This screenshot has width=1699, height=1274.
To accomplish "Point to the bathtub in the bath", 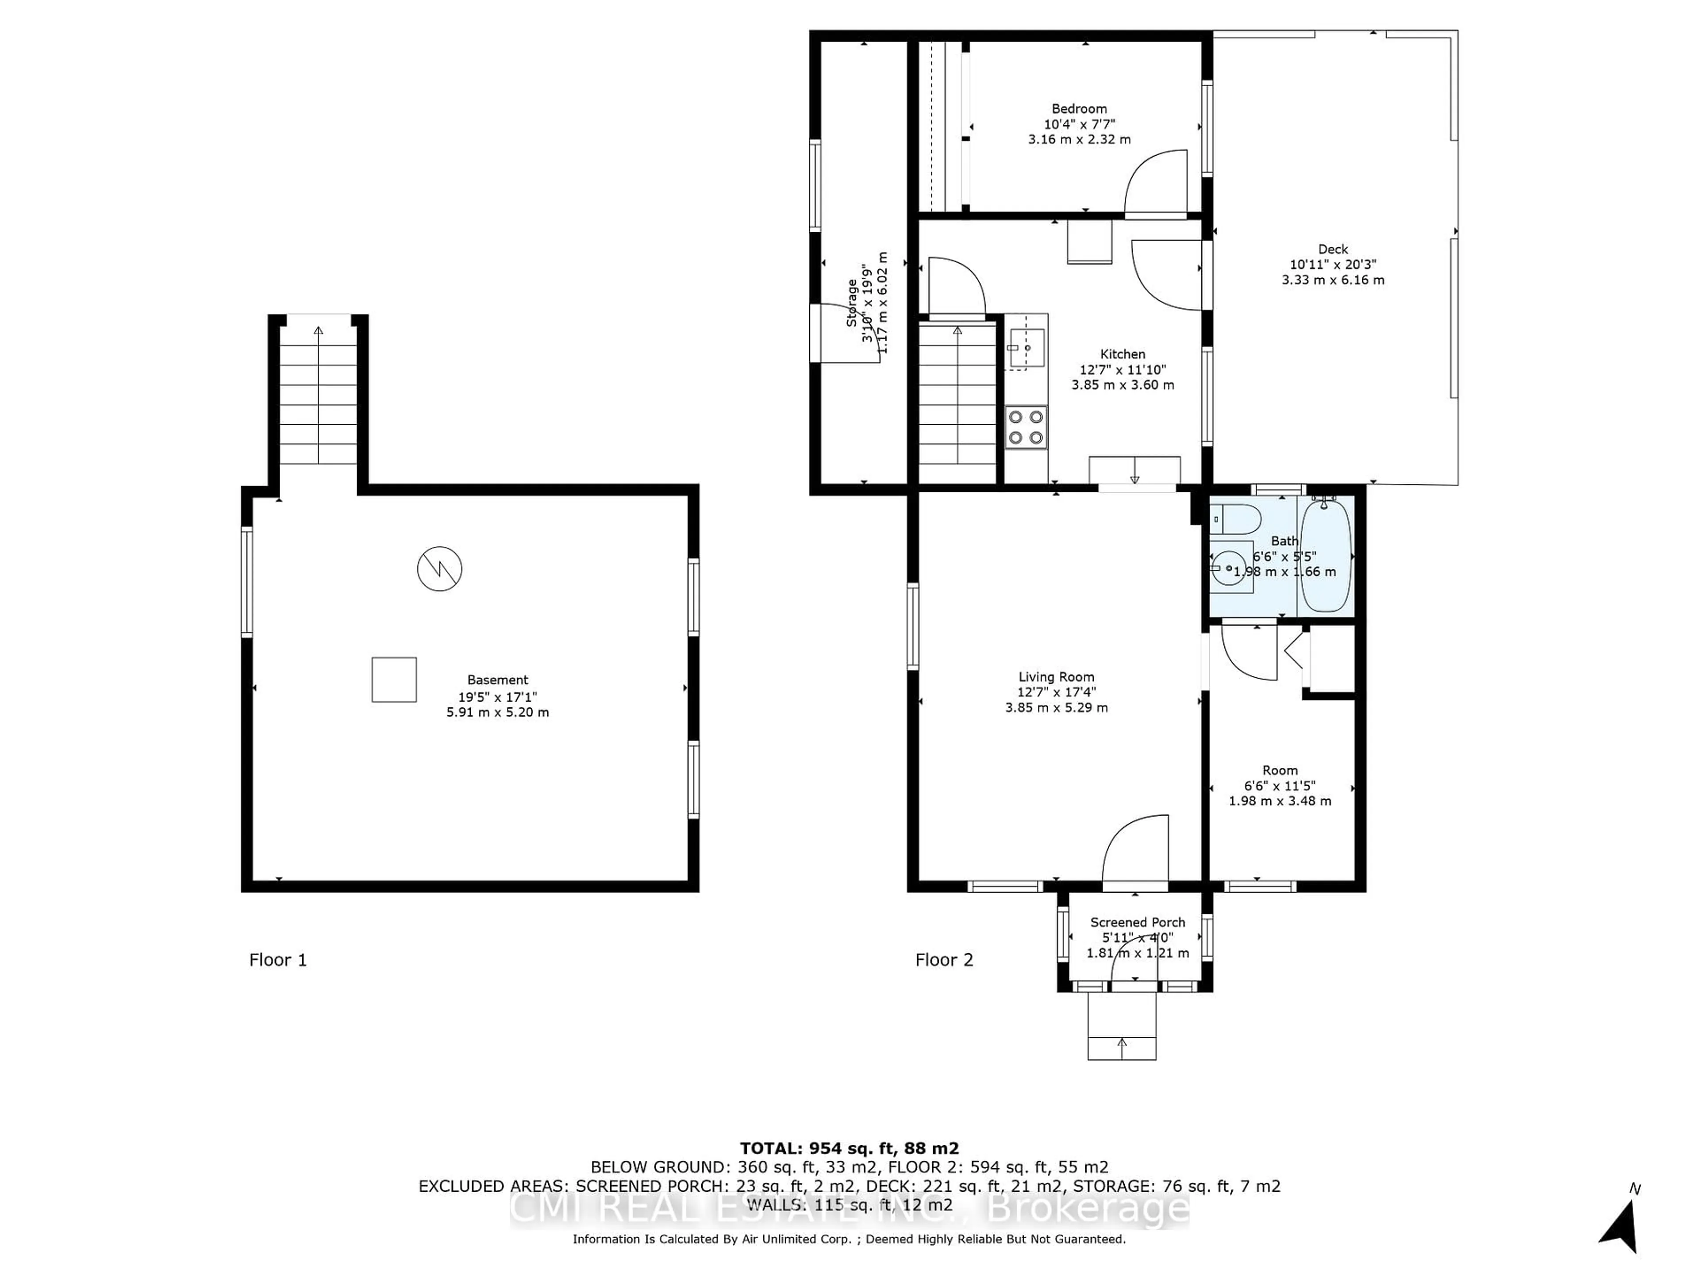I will point(1326,554).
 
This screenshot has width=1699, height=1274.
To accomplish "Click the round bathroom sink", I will point(1229,569).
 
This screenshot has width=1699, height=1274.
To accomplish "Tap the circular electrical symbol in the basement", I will point(439,569).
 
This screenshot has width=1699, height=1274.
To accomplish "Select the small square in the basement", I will point(394,679).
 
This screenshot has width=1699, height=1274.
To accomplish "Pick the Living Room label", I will point(1056,676).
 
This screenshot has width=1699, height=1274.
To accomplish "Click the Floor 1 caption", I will point(278,960).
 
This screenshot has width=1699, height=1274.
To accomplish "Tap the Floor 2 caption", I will point(944,960).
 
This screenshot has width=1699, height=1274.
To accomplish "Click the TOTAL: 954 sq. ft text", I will point(849,1148).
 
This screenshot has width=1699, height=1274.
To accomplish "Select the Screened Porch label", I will point(1138,922).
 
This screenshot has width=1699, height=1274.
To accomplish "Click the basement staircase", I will point(318,395).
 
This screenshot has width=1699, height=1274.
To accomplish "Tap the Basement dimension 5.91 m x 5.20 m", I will point(498,712).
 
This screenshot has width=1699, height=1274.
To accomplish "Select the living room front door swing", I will point(1135,850).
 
